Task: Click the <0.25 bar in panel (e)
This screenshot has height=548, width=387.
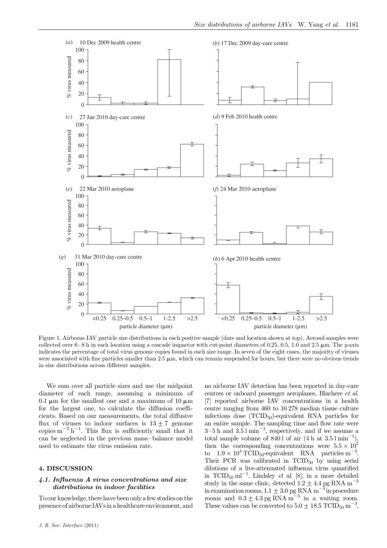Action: click(x=99, y=236)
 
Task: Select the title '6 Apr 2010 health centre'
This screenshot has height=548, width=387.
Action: click(x=250, y=259)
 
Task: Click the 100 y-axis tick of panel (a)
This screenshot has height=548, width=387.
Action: click(x=79, y=50)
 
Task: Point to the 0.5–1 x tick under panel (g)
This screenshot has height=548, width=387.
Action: click(x=145, y=318)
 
